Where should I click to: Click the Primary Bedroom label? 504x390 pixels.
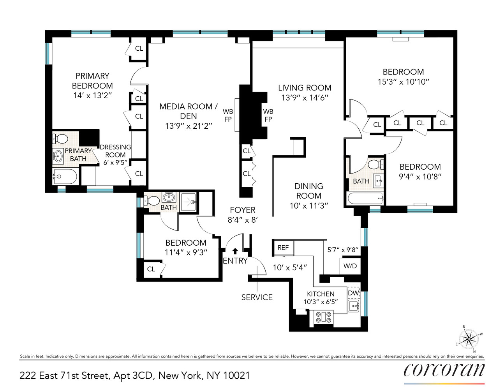click(x=92, y=81)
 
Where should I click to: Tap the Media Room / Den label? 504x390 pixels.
click(x=189, y=111)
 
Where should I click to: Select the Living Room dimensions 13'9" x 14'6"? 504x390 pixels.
click(x=305, y=98)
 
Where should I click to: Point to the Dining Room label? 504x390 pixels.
click(x=308, y=191)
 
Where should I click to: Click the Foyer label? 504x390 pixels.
click(x=242, y=210)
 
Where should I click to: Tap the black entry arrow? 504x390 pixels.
click(x=235, y=251)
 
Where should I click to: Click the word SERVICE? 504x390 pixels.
click(x=257, y=297)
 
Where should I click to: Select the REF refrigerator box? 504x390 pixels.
click(x=283, y=248)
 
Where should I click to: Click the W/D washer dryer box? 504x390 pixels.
click(x=350, y=266)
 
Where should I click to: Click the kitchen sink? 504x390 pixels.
click(x=353, y=306)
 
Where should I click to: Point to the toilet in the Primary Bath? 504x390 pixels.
click(x=60, y=138)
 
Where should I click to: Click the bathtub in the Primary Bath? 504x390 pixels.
click(x=65, y=177)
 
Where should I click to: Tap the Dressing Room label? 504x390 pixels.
click(x=115, y=151)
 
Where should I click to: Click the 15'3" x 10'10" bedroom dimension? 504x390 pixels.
click(x=403, y=82)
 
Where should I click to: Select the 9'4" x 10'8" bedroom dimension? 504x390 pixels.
click(x=420, y=177)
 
